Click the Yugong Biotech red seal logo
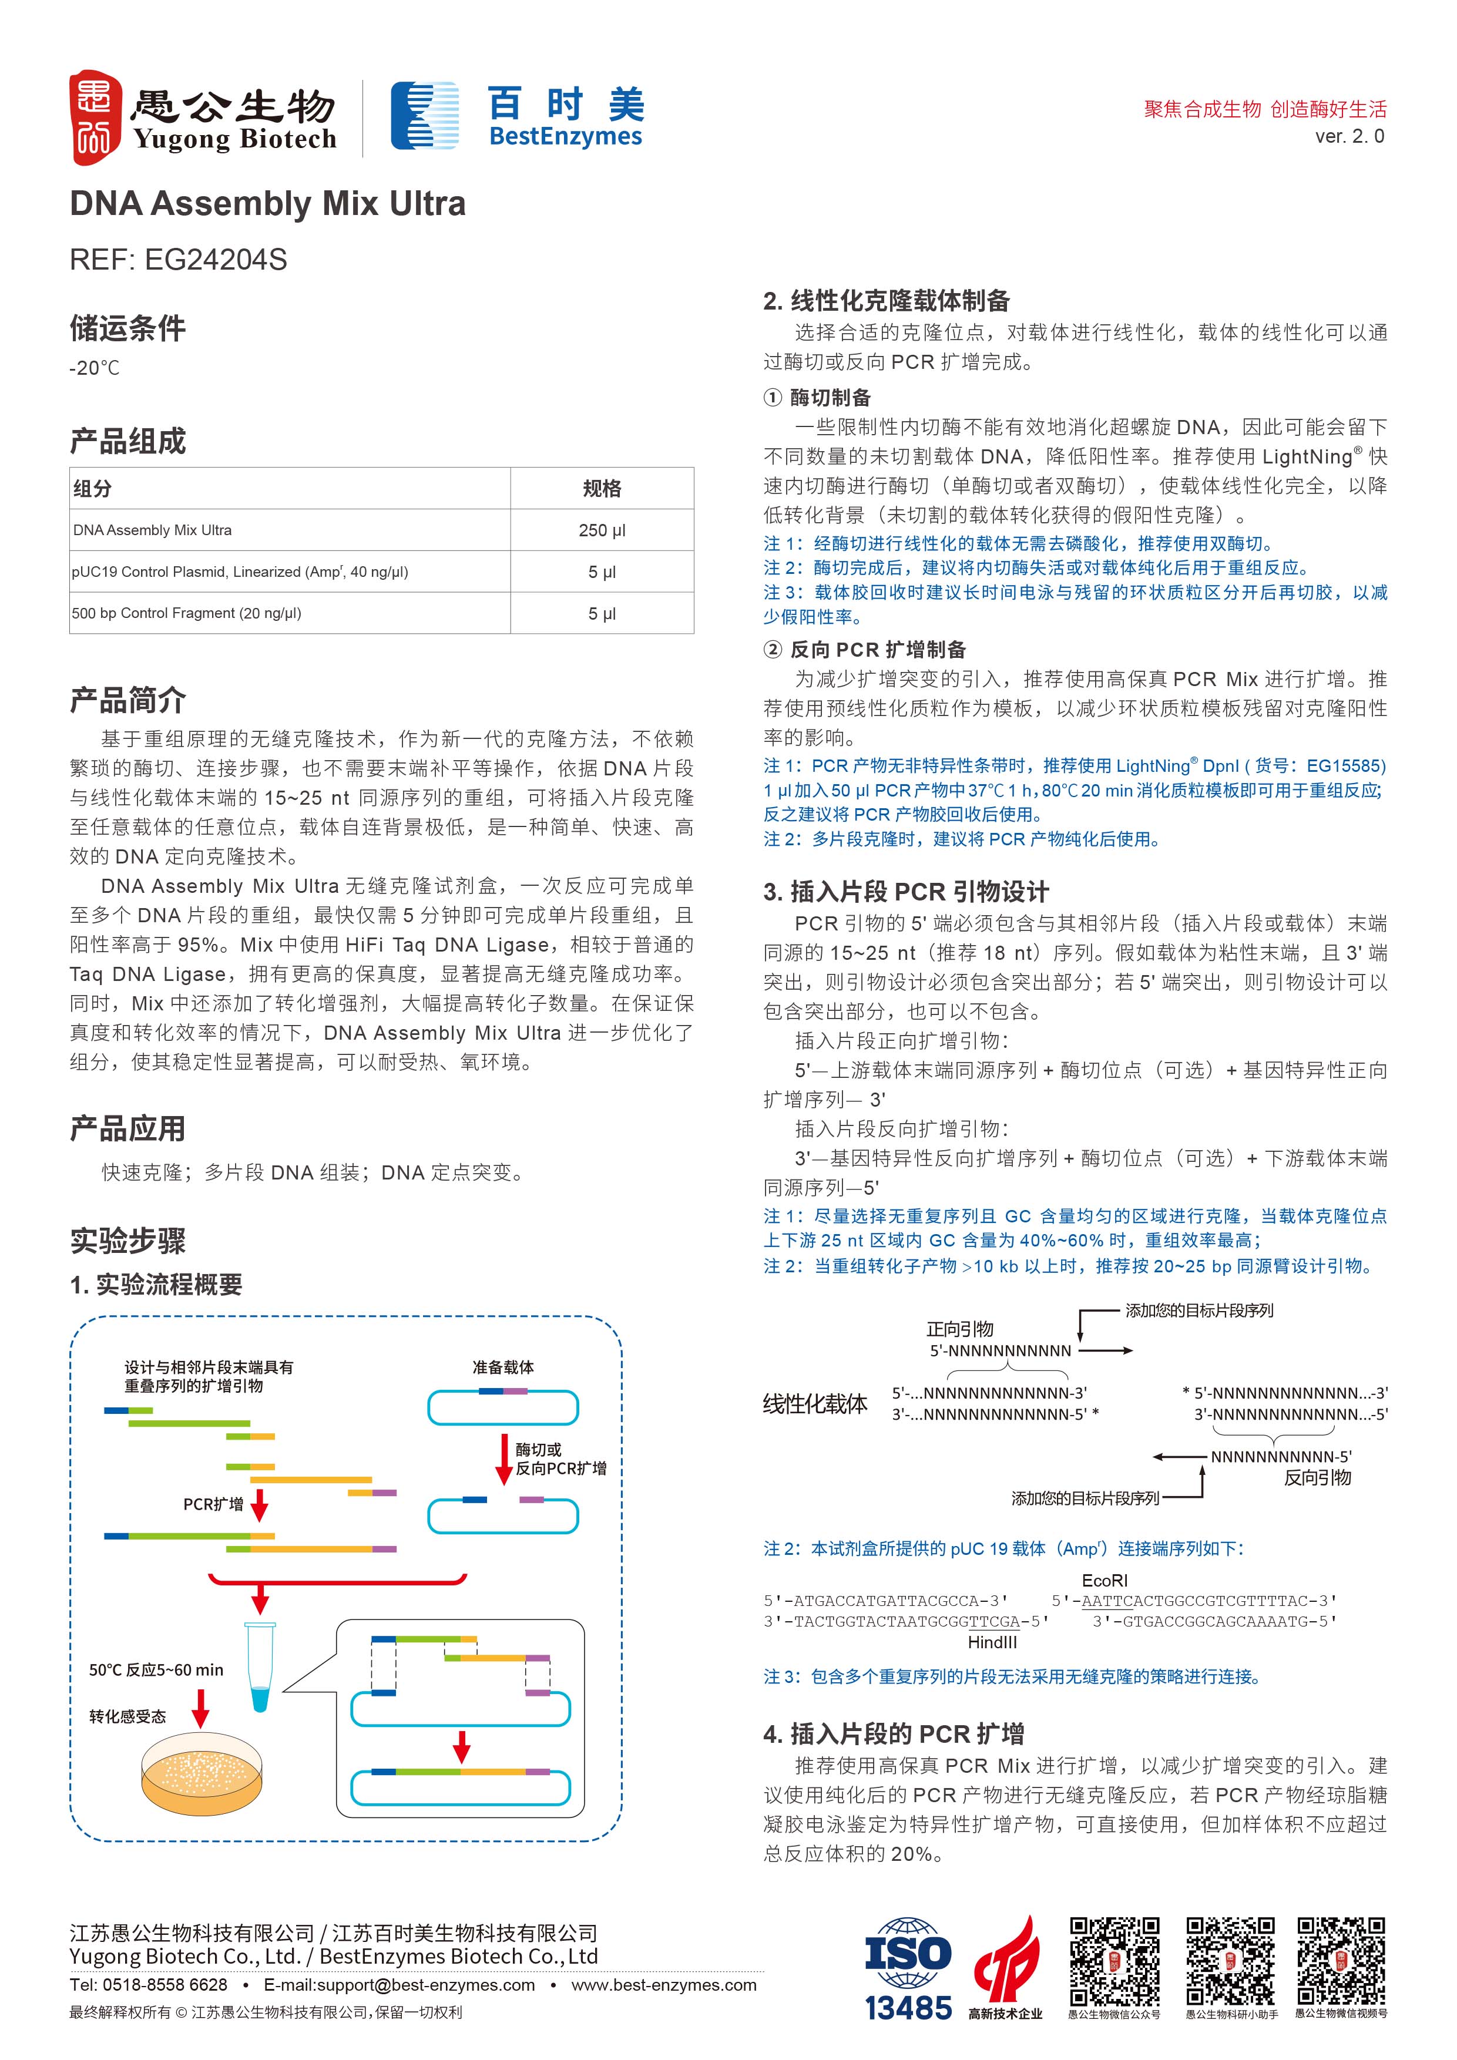click(x=95, y=117)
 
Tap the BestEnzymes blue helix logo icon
click(x=424, y=116)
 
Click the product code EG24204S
click(x=216, y=260)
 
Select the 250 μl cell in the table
click(x=602, y=530)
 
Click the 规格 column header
click(x=602, y=489)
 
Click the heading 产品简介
click(x=128, y=700)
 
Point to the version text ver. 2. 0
click(x=1349, y=136)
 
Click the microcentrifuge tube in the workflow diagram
click(x=260, y=1666)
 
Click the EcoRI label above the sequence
click(x=1104, y=1581)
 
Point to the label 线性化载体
click(x=815, y=1404)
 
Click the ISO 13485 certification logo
click(x=908, y=1970)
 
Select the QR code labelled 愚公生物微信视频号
click(x=1341, y=1961)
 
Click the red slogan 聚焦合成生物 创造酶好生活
click(x=1265, y=109)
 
